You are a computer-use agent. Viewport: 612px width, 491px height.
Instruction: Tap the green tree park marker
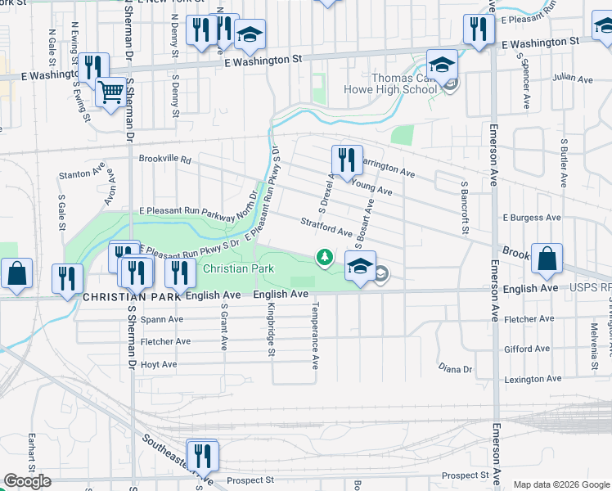(325, 258)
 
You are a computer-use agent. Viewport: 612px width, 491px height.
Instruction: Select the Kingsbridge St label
(271, 331)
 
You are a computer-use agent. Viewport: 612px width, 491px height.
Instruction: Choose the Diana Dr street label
(456, 369)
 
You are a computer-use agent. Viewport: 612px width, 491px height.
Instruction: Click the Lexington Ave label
(533, 379)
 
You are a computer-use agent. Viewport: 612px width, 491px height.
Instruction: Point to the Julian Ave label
(572, 79)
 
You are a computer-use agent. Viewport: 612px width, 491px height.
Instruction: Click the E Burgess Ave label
(532, 218)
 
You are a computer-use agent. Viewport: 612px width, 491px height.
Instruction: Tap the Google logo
(27, 481)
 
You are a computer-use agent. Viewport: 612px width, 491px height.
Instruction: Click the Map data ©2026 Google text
(560, 484)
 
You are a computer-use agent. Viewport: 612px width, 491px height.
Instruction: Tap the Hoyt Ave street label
(159, 364)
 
